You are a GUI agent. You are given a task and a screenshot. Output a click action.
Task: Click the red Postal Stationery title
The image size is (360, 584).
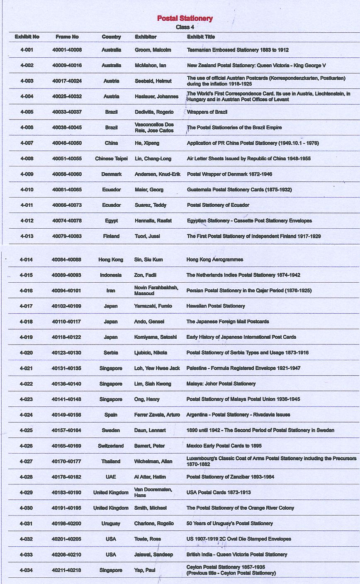185,18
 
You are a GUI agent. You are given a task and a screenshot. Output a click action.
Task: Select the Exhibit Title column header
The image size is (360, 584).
201,37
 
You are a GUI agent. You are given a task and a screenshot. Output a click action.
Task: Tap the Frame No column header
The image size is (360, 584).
67,37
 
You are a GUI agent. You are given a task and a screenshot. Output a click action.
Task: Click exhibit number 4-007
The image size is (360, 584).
27,143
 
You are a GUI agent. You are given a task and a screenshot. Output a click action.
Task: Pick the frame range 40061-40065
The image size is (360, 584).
67,190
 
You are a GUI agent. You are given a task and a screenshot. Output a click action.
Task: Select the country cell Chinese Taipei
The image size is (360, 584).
111,159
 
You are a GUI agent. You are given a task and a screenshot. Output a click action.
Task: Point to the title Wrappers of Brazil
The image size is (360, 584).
207,112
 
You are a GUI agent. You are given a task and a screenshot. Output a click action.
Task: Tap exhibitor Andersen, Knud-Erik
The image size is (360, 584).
157,174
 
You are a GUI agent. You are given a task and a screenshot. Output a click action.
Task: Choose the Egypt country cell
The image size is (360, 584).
111,221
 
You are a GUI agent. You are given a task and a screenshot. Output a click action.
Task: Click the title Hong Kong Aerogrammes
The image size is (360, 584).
215,259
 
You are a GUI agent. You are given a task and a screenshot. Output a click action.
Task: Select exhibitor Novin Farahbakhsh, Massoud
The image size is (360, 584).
156,291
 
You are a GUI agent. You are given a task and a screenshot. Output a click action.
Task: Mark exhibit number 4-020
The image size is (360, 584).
26,353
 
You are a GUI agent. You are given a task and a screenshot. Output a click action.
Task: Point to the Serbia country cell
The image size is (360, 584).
111,353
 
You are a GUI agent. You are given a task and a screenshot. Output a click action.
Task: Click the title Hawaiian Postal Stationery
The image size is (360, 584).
216,306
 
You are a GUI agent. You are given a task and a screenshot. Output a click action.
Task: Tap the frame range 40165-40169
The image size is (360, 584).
66,446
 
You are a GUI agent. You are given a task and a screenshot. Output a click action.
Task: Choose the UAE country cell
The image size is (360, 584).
111,477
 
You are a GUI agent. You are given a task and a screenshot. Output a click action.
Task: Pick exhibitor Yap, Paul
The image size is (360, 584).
145,570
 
